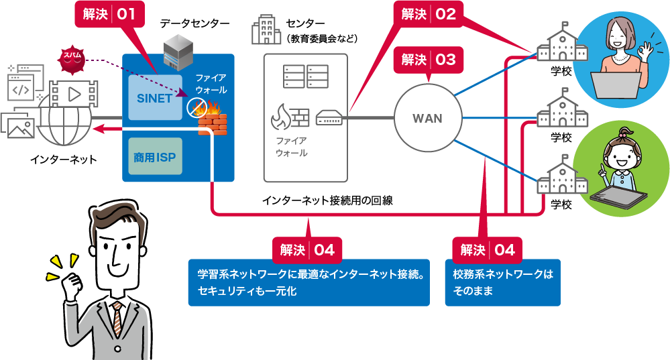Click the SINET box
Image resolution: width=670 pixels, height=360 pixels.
(155, 98)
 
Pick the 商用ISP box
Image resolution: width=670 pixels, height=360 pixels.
(155, 159)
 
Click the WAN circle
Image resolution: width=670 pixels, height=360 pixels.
(427, 119)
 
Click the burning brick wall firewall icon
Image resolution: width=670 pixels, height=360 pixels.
(212, 119)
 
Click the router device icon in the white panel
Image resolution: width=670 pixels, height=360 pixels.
(329, 119)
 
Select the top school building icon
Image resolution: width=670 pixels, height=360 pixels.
(562, 44)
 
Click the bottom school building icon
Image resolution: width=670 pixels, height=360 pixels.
(562, 175)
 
